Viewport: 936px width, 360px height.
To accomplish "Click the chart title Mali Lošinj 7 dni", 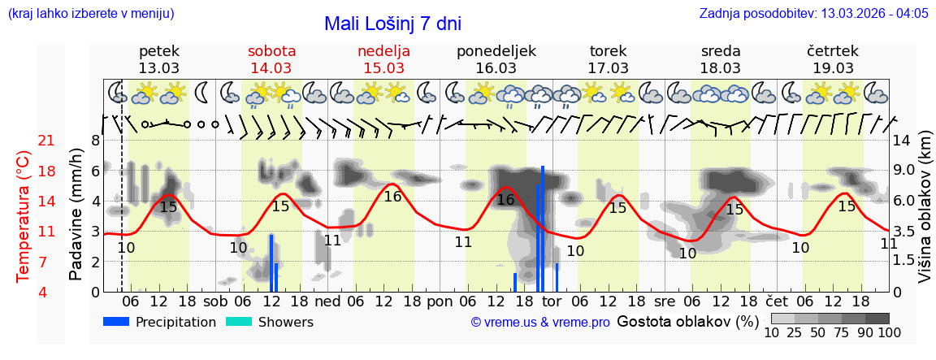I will (x=392, y=24).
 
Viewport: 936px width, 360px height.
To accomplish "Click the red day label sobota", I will (x=271, y=51).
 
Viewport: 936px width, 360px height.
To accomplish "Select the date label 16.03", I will (x=496, y=67).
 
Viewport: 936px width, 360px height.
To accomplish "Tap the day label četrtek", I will (x=832, y=51).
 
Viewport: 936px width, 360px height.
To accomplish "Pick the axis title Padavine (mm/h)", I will (x=76, y=215).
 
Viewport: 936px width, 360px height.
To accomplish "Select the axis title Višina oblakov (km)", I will (x=925, y=215).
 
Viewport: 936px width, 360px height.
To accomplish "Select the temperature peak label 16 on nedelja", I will (x=392, y=197).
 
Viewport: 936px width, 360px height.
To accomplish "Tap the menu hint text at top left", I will (x=90, y=14).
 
